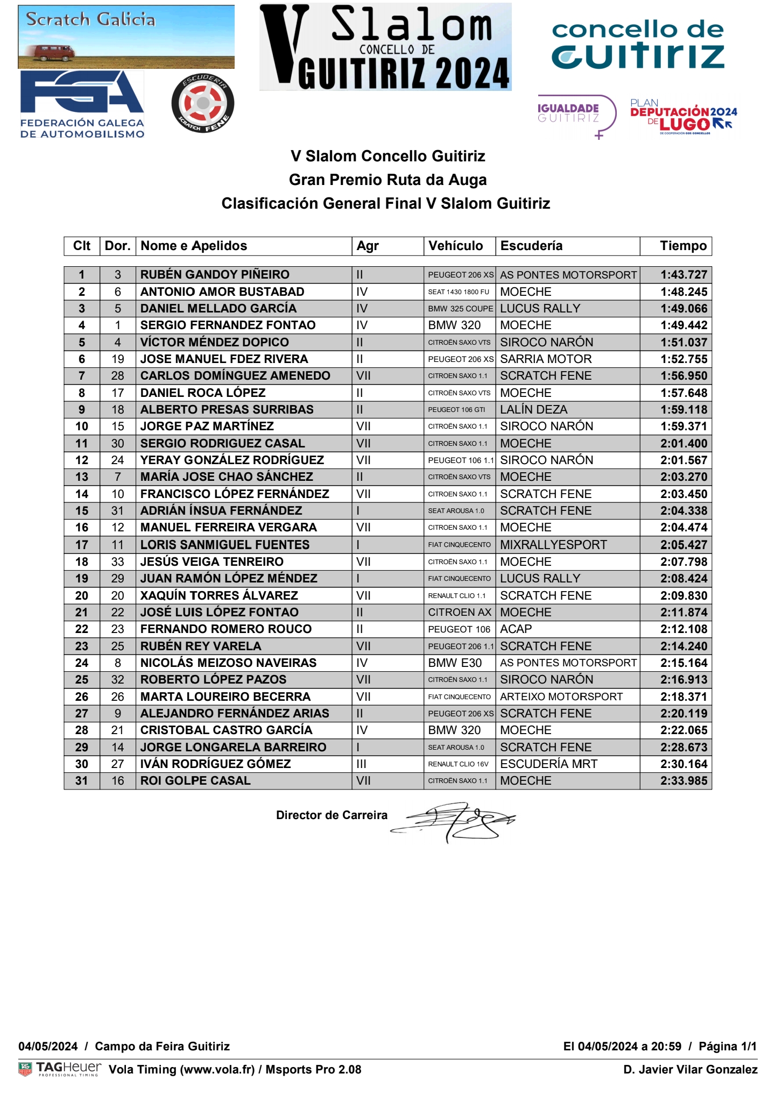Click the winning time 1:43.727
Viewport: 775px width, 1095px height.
tap(684, 275)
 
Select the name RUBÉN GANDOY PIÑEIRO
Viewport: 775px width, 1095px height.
tap(215, 275)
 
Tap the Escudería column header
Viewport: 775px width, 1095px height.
tap(531, 246)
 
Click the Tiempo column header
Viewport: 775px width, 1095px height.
tap(683, 246)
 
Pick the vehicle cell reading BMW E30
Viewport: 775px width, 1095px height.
tap(455, 663)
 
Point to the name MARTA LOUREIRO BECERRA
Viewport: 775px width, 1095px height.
tap(226, 697)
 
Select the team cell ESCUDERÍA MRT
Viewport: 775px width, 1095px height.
tap(548, 764)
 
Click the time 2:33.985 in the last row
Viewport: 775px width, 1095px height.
tap(684, 781)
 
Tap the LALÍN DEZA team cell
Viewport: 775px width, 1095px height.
tap(533, 410)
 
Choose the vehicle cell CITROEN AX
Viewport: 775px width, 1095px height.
tap(460, 613)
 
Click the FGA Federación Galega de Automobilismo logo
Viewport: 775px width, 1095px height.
tap(82, 105)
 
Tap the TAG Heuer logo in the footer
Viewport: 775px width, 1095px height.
tap(60, 1068)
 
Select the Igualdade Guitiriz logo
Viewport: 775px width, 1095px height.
tap(576, 115)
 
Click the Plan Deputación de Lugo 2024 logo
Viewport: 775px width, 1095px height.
tap(683, 116)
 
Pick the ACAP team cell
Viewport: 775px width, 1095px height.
tap(516, 629)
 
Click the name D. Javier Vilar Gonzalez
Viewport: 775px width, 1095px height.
tap(690, 1069)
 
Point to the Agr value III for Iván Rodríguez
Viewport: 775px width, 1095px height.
tap(361, 764)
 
